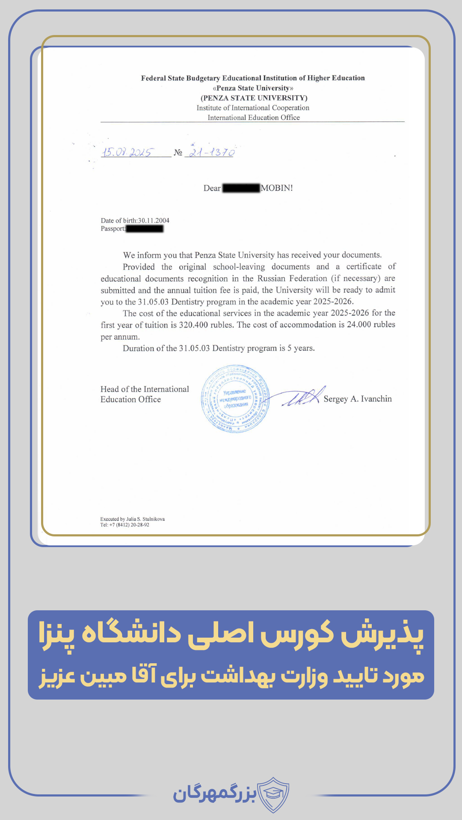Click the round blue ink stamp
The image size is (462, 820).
tap(235, 399)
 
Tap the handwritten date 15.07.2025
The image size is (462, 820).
tap(127, 152)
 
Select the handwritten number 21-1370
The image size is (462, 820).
tap(212, 152)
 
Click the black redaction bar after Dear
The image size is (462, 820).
tap(241, 188)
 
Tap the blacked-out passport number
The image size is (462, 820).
tap(145, 229)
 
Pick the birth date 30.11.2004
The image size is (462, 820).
tap(154, 220)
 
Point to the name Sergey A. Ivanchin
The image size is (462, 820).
tap(358, 399)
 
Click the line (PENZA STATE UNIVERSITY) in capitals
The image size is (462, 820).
tap(254, 98)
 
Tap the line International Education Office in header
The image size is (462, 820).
tap(254, 117)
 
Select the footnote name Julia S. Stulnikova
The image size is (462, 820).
tap(145, 519)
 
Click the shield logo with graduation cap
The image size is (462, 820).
tap(273, 794)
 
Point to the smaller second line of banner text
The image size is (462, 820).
tap(231, 676)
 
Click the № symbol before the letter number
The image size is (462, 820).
tap(178, 152)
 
